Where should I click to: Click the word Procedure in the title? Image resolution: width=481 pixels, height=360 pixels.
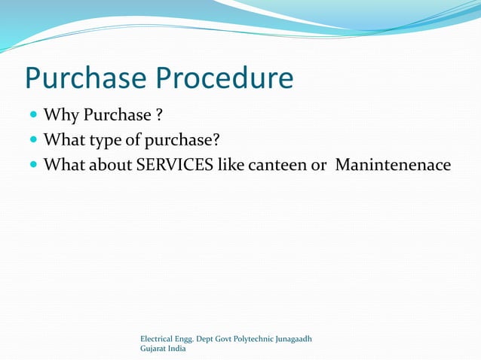coord(225,79)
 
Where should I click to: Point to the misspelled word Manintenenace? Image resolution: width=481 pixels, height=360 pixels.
coord(392,163)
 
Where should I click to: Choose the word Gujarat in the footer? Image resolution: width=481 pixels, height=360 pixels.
coord(155,349)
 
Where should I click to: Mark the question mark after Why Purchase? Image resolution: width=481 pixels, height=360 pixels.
coord(159,115)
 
